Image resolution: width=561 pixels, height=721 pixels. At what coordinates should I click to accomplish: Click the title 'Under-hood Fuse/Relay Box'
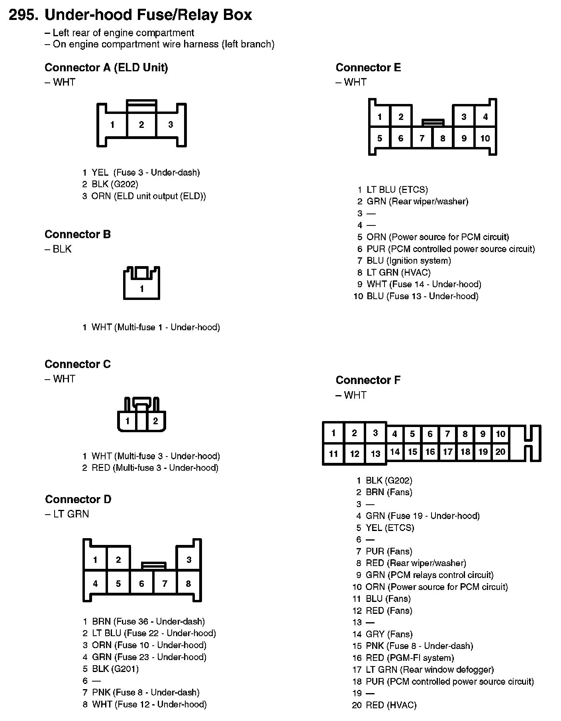point(148,15)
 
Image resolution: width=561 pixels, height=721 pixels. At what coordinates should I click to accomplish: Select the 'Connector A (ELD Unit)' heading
point(106,68)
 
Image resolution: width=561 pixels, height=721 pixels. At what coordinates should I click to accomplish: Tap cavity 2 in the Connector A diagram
point(141,125)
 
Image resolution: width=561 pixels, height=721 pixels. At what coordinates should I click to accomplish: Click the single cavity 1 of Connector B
point(142,289)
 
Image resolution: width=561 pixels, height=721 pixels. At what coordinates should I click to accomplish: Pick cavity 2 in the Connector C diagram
point(155,421)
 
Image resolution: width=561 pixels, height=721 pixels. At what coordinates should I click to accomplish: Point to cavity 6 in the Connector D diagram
point(141,584)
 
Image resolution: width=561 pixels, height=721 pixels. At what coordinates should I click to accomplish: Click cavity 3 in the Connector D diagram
point(189,560)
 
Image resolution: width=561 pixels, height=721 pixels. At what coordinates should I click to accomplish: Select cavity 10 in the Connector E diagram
point(485,139)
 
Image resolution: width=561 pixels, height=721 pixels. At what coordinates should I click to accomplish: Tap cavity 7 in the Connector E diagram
point(422,139)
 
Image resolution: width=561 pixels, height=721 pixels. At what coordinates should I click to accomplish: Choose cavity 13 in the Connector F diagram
point(375,454)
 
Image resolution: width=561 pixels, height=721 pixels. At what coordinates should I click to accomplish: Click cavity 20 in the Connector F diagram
point(500,452)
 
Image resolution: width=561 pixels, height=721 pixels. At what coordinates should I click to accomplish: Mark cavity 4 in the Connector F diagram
point(394,434)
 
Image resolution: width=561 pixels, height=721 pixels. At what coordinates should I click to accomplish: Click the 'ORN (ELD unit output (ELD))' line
point(149,196)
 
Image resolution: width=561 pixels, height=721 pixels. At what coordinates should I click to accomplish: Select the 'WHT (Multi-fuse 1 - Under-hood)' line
point(156,327)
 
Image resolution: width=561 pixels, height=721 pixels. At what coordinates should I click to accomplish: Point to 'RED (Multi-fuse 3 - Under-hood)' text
point(155,468)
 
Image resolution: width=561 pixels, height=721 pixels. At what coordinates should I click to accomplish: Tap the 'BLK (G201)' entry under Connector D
point(115,669)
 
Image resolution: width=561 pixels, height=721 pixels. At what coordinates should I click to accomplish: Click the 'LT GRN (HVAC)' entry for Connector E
point(398,272)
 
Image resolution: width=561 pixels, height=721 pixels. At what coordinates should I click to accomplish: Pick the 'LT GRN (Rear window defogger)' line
point(430,670)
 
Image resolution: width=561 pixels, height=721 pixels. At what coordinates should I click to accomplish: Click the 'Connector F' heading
point(368,380)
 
